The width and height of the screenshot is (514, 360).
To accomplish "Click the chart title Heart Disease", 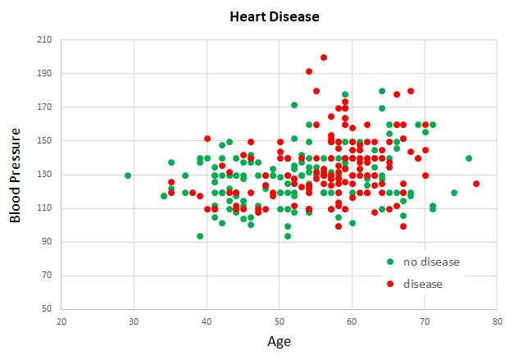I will click(x=275, y=16).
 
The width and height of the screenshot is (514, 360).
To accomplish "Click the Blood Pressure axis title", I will click(x=16, y=174).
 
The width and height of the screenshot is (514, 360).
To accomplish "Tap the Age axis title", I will click(x=279, y=342).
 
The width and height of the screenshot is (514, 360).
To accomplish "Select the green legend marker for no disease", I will click(x=390, y=262).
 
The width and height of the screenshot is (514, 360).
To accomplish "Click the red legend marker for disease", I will click(x=390, y=284).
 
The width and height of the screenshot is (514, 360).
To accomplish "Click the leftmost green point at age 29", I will click(x=128, y=175).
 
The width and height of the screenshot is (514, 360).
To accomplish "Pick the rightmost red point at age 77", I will click(x=476, y=184).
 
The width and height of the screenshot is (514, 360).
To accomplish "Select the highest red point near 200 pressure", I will click(x=324, y=57).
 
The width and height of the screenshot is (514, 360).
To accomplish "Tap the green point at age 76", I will click(x=469, y=158).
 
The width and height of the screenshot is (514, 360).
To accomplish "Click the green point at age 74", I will click(x=454, y=193).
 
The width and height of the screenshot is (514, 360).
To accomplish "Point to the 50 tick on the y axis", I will click(x=46, y=309).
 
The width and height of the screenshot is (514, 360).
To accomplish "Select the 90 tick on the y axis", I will click(x=46, y=242).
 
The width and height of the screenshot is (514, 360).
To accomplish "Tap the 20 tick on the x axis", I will click(x=61, y=321).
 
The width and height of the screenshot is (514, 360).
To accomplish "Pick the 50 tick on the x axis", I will click(x=280, y=321).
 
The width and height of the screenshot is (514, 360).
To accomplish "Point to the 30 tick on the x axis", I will click(x=134, y=321).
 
